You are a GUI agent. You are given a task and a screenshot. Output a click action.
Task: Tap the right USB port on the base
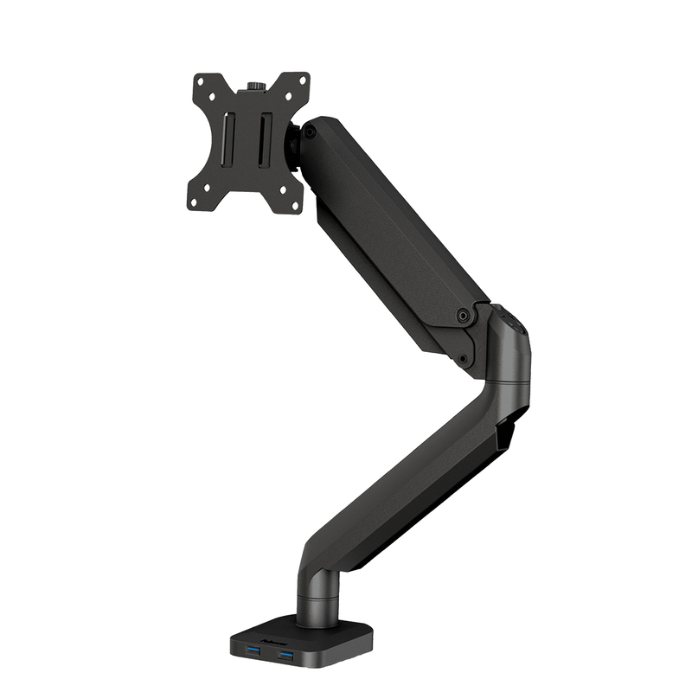pos(285,655)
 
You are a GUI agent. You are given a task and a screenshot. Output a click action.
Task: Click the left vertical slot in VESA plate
pos(228,139)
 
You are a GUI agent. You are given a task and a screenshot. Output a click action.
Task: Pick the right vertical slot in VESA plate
pos(265,139)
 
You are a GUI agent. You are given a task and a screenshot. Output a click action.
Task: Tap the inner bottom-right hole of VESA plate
pos(283,189)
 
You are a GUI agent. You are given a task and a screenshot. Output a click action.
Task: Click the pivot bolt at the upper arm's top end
pos(309,132)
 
